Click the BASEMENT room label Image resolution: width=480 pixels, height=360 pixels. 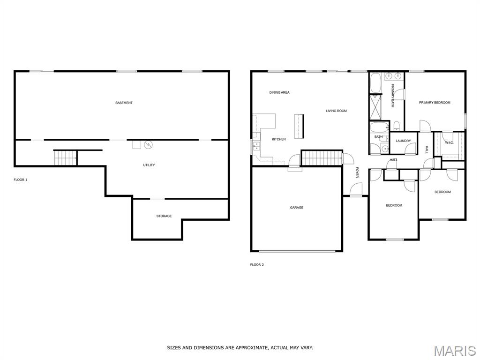pos(124,103)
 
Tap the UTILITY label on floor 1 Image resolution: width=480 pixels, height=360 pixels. pos(149,165)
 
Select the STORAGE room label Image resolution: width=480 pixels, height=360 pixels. pos(164,216)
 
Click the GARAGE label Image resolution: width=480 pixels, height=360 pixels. pos(297,208)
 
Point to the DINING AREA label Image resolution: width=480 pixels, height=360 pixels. pos(279,92)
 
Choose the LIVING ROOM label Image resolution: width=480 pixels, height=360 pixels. pos(337,111)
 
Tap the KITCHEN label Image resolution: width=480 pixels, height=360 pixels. pos(279,139)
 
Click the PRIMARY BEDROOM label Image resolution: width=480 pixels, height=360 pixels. pos(435,103)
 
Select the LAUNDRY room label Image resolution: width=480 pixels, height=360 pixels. pos(403,141)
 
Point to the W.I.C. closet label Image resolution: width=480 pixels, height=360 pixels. pos(449,142)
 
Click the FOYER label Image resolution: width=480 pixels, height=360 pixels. pos(357,172)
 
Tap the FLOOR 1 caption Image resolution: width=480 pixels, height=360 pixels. pos(21,180)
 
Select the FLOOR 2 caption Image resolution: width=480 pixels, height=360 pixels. pos(257,265)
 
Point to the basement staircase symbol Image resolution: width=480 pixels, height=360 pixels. pos(65,157)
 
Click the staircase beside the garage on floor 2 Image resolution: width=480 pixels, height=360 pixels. pos(322,158)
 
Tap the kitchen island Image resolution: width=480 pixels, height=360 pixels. pos(299,126)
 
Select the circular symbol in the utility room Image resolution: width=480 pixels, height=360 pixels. pos(148,144)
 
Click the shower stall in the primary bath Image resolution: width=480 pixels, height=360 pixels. pos(375,107)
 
